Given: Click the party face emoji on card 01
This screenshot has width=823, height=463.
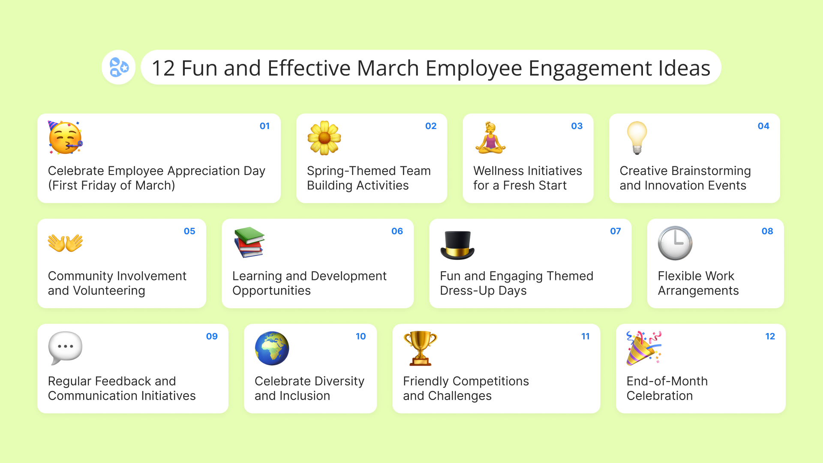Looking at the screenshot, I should pyautogui.click(x=65, y=138).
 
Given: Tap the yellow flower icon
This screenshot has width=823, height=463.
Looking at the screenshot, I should pyautogui.click(x=324, y=138).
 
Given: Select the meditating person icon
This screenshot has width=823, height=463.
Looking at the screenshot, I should pyautogui.click(x=490, y=138).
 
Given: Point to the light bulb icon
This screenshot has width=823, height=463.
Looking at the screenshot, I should pyautogui.click(x=637, y=138).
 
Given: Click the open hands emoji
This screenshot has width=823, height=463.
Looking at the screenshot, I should pyautogui.click(x=65, y=243).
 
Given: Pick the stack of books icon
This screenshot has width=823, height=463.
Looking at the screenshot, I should pyautogui.click(x=249, y=243).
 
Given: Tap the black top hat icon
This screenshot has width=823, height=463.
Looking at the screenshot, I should pyautogui.click(x=457, y=245).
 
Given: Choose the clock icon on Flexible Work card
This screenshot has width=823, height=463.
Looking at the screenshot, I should pyautogui.click(x=675, y=243).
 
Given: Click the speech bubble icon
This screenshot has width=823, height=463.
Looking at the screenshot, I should pyautogui.click(x=65, y=348).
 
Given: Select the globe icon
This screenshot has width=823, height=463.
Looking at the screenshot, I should pyautogui.click(x=272, y=348).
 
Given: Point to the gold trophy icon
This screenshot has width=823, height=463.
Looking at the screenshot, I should pyautogui.click(x=420, y=348).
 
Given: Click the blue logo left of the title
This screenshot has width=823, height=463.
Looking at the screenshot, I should pyautogui.click(x=119, y=67).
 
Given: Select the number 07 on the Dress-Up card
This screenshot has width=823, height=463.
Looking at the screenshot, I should pyautogui.click(x=616, y=231).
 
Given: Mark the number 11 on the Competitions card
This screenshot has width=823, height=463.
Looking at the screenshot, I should pyautogui.click(x=586, y=337).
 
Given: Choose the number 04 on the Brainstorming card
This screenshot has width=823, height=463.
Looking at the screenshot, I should pyautogui.click(x=763, y=126).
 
